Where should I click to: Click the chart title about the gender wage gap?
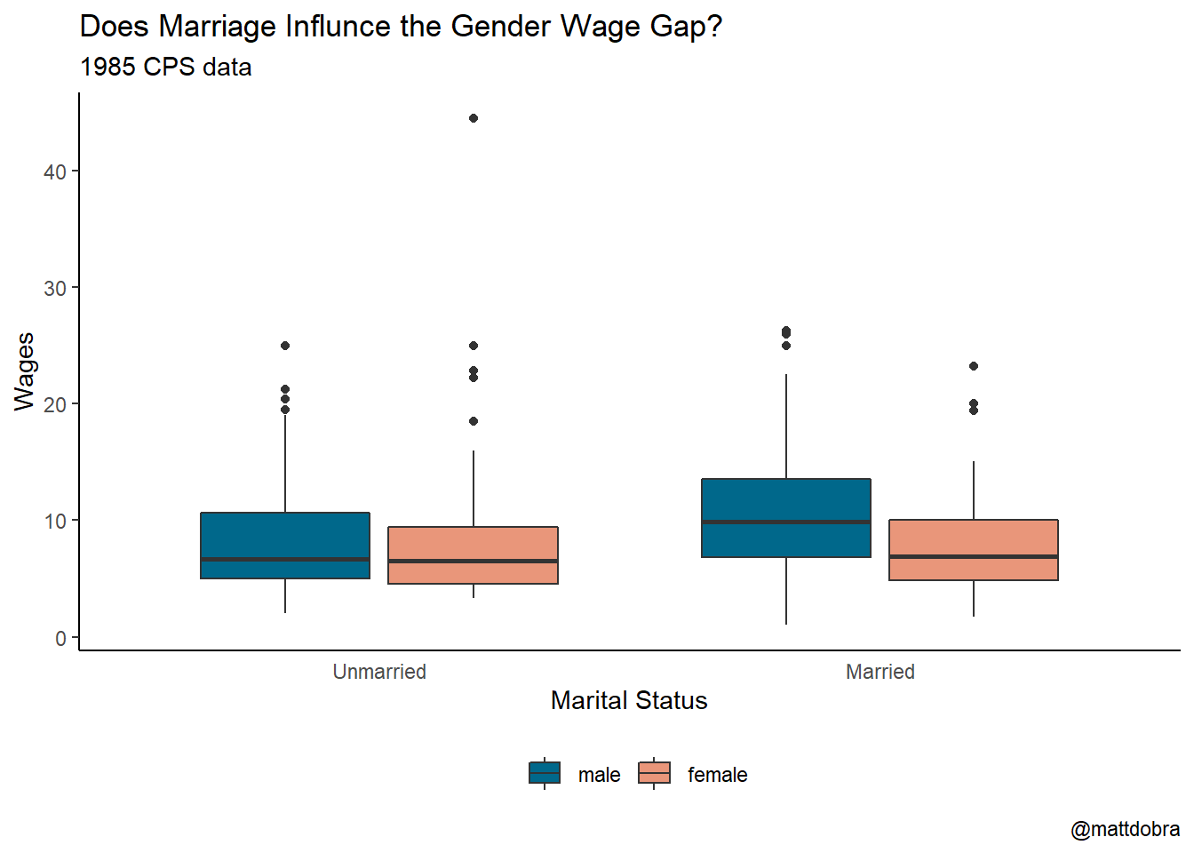pos(401,27)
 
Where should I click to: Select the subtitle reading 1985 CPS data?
pos(166,68)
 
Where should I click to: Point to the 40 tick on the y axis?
pos(55,171)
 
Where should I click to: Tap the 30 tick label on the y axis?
pos(55,289)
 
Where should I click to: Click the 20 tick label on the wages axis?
pos(55,405)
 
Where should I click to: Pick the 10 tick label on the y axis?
pos(55,522)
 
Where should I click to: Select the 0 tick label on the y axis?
pos(60,638)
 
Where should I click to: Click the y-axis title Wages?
pos(25,371)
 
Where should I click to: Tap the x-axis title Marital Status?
pos(629,700)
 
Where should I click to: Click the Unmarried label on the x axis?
pos(379,672)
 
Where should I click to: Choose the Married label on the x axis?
pos(880,672)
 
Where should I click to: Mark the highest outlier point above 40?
pos(474,118)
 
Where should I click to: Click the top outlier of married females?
pos(974,366)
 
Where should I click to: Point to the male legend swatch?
pos(545,773)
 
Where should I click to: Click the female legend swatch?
pos(654,773)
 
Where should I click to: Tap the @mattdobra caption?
pos(1125,829)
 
